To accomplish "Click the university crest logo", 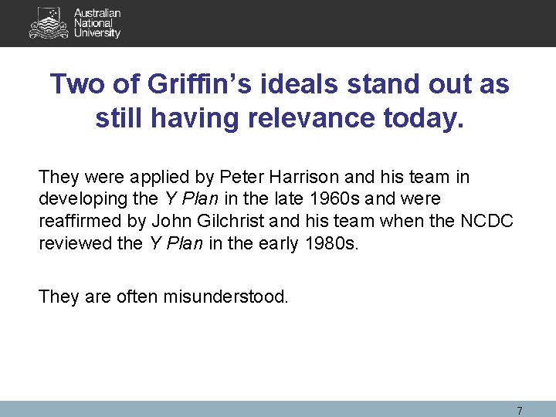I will pyautogui.click(x=49, y=22).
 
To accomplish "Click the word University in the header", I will pyautogui.click(x=97, y=33).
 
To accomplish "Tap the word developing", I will pyautogui.click(x=81, y=198).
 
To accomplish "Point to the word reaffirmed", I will pyautogui.click(x=80, y=220).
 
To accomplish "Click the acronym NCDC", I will pyautogui.click(x=486, y=220).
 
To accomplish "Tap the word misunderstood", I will pyautogui.click(x=225, y=296).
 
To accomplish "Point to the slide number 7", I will pyautogui.click(x=519, y=410).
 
